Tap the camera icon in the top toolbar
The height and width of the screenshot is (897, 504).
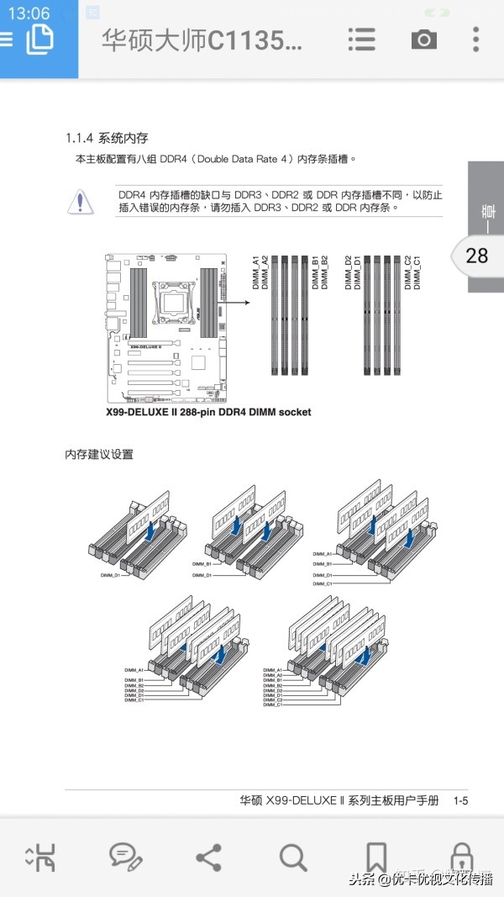(423, 40)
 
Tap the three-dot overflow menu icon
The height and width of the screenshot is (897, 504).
(476, 40)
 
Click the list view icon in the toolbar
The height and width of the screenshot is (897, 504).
(361, 40)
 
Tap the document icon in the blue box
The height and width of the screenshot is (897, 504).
(39, 39)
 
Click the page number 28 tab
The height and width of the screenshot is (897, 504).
(476, 255)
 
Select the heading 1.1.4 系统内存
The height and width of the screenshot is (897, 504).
(107, 138)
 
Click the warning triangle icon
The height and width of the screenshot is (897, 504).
(80, 201)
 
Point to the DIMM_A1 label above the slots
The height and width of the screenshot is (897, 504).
(256, 273)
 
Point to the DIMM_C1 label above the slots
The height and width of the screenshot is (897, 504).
(417, 273)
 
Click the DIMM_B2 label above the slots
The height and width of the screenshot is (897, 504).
(324, 273)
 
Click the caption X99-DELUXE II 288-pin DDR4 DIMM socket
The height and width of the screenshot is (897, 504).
(208, 412)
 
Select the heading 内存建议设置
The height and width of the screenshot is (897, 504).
(99, 455)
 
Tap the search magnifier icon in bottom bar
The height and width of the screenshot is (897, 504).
(293, 857)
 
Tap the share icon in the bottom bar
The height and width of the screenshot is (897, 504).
(208, 857)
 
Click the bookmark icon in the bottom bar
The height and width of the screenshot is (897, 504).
(376, 857)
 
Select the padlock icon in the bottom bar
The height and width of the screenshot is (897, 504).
(461, 857)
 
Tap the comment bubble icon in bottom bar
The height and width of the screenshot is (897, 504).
(124, 856)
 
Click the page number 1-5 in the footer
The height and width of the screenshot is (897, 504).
(460, 801)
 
